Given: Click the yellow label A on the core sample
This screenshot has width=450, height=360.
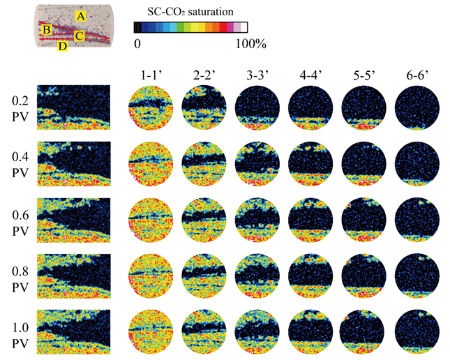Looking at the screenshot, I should [x=82, y=15].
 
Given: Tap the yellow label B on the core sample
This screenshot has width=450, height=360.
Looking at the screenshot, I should [x=46, y=29].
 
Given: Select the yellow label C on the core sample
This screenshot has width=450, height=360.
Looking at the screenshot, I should [x=80, y=35].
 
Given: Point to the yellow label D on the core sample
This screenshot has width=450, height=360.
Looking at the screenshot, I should [x=63, y=46].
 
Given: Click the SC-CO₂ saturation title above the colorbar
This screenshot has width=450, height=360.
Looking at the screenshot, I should [x=190, y=12].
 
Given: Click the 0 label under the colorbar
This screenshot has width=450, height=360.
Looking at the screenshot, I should [x=137, y=44].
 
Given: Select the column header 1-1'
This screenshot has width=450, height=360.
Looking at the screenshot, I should [x=151, y=75].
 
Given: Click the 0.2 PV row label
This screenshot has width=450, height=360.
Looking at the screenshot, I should [x=13, y=107].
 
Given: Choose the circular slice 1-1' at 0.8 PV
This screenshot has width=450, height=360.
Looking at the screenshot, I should [x=151, y=276].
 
